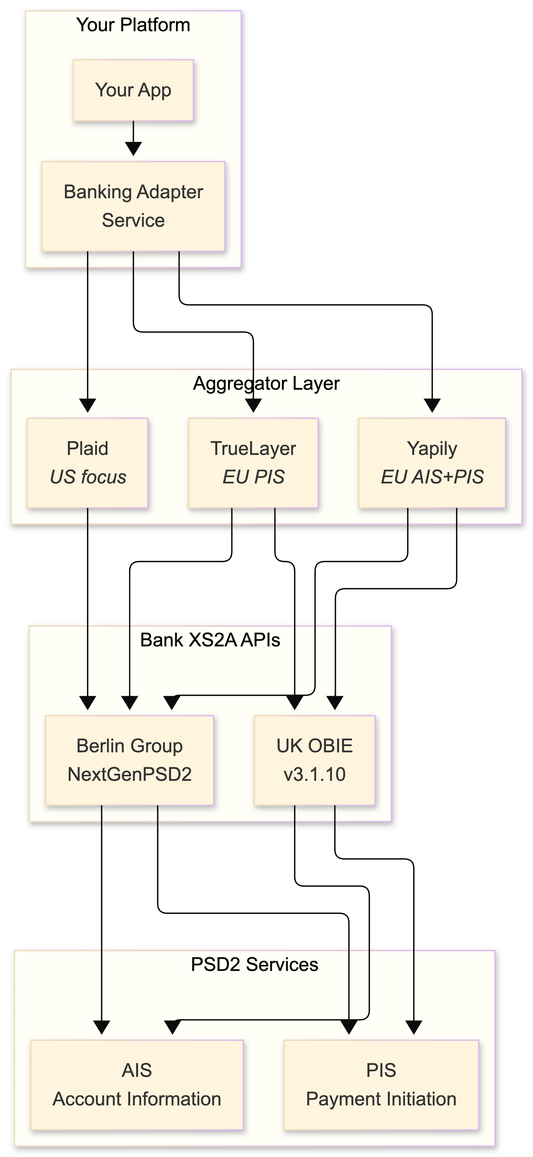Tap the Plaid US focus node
pyautogui.click(x=88, y=463)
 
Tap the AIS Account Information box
pyautogui.click(x=137, y=1085)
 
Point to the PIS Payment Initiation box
pyautogui.click(x=381, y=1085)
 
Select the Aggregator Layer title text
pyautogui.click(x=266, y=383)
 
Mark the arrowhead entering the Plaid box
pyautogui.click(x=88, y=405)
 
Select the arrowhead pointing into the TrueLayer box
pyautogui.click(x=254, y=405)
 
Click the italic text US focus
pyautogui.click(x=88, y=477)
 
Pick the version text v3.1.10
pyautogui.click(x=314, y=774)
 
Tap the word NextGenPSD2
pyautogui.click(x=129, y=774)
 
